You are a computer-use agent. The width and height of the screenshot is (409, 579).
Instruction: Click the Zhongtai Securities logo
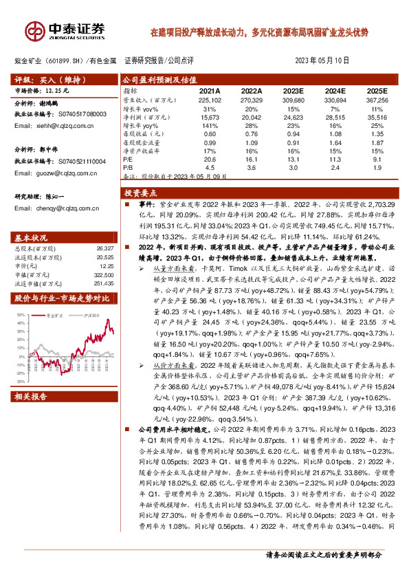[x=65, y=30]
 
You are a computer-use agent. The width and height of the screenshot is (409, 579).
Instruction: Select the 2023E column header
[x=292, y=91]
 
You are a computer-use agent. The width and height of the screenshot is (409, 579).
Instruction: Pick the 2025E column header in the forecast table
[x=377, y=91]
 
